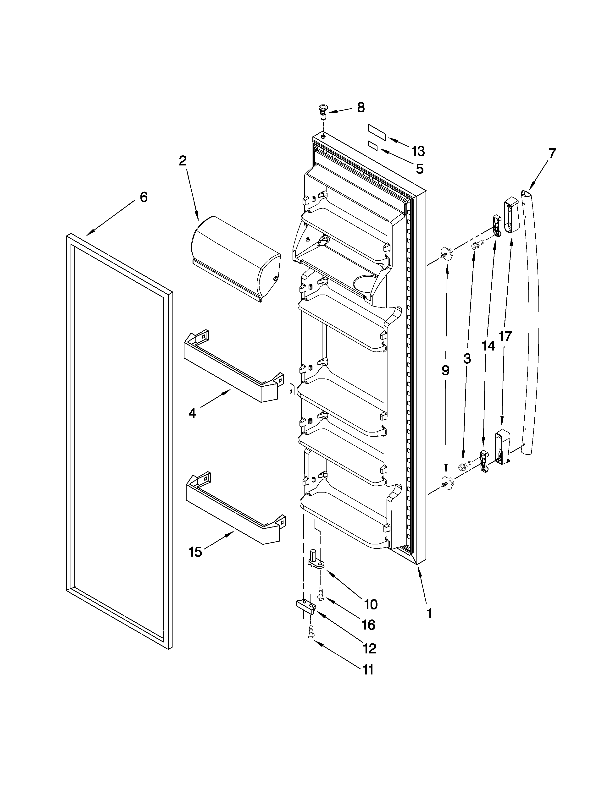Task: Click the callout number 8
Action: (x=361, y=108)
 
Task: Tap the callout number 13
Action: (x=418, y=151)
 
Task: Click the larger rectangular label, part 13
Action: (x=377, y=132)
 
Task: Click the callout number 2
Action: (x=183, y=161)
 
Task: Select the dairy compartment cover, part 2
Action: (x=235, y=257)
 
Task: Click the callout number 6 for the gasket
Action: (x=144, y=197)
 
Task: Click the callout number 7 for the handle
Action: (x=551, y=153)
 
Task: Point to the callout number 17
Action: (x=505, y=336)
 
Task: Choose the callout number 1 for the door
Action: (x=429, y=614)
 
